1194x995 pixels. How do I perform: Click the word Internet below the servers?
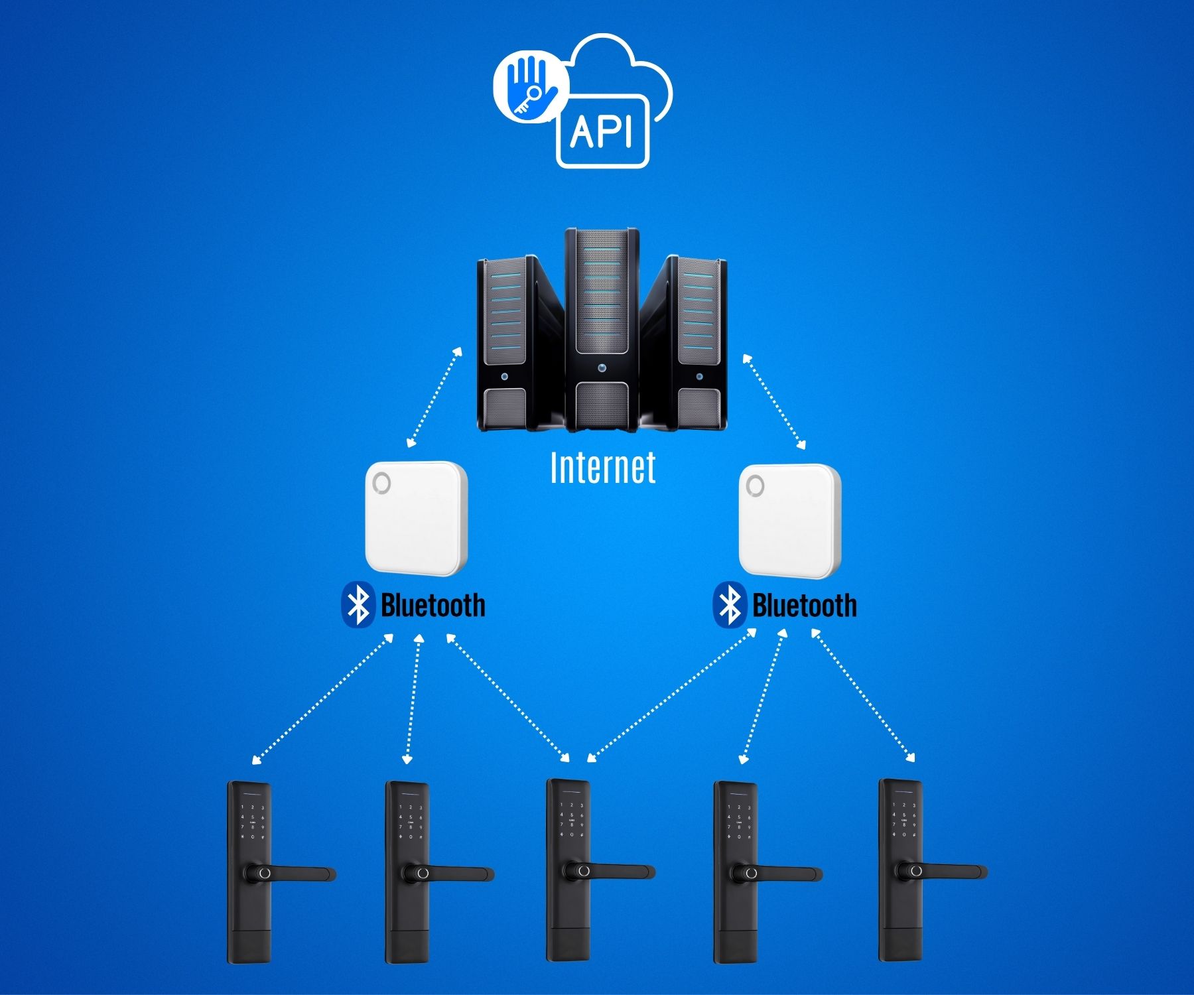coord(603,467)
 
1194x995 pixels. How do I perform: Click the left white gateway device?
coord(417,518)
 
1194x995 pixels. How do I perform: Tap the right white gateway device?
coord(789,521)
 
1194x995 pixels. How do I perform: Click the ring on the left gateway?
coord(382,483)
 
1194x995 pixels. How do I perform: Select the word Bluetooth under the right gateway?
coord(804,606)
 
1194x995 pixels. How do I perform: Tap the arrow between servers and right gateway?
coord(774,402)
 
